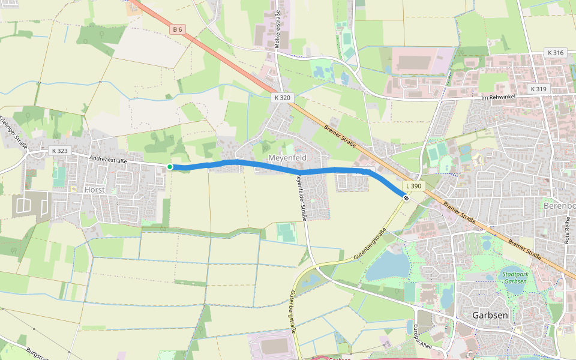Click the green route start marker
(170, 167)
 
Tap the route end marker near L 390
(406, 198)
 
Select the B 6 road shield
(176, 29)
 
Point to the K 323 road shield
(59, 151)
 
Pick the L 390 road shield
(414, 187)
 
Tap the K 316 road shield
(556, 53)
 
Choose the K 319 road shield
(538, 89)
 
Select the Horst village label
(95, 190)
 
